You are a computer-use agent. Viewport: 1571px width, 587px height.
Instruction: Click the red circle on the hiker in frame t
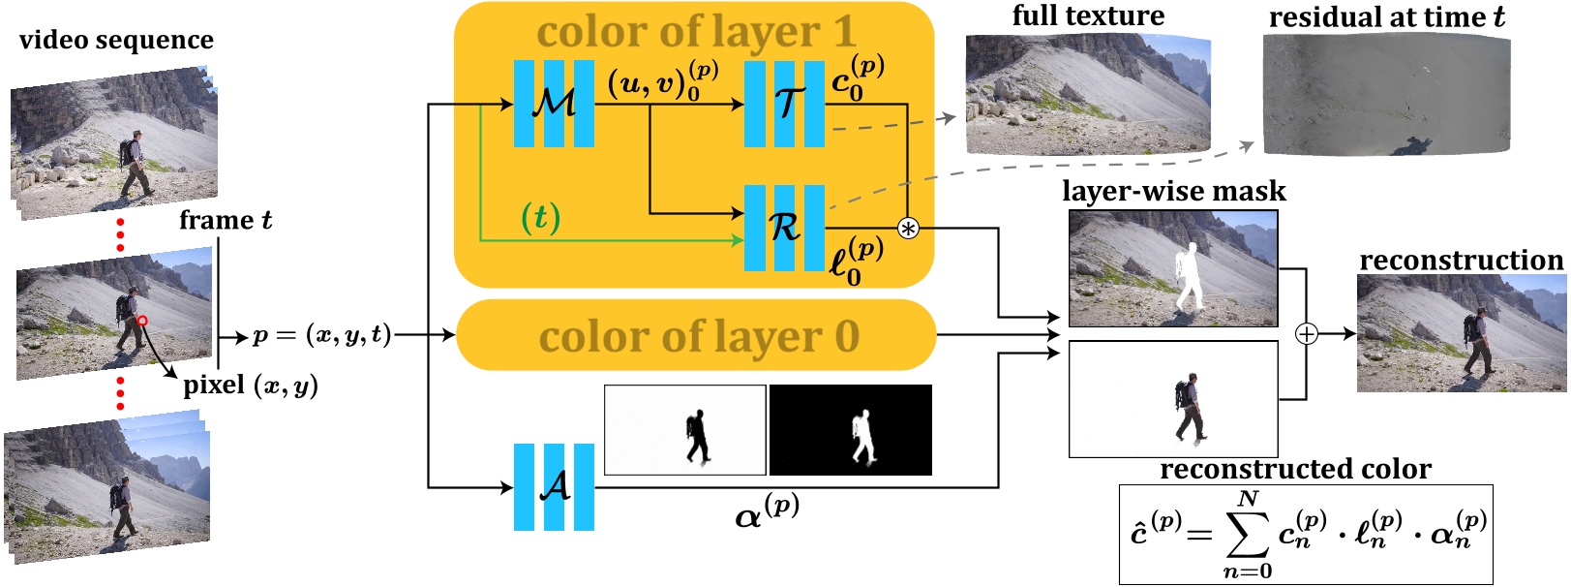click(141, 321)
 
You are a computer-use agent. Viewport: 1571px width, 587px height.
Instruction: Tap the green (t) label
click(540, 217)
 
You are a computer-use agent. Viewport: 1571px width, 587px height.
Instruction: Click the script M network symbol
click(554, 103)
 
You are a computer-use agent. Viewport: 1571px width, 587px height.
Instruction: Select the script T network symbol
click(784, 103)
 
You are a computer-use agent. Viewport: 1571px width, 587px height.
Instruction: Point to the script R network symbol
click(784, 228)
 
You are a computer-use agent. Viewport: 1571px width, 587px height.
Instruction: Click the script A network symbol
click(554, 486)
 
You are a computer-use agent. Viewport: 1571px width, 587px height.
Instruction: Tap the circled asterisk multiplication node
click(908, 229)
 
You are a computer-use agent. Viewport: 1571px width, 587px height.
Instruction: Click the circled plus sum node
click(1307, 334)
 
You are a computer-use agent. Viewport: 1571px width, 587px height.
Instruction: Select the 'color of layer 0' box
click(697, 336)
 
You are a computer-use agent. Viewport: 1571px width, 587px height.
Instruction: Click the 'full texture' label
click(1088, 15)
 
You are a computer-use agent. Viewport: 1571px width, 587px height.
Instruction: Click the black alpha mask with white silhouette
click(850, 430)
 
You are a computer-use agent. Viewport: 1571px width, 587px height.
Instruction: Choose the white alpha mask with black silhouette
click(685, 430)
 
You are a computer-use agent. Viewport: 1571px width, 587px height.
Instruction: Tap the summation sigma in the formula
click(1247, 534)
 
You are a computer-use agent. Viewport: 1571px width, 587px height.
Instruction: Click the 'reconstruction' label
click(1460, 260)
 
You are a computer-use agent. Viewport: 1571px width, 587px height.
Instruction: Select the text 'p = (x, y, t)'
click(321, 335)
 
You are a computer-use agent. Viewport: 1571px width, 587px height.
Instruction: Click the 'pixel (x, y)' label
click(251, 386)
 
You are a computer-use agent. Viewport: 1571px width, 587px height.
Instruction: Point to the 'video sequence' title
click(116, 40)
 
